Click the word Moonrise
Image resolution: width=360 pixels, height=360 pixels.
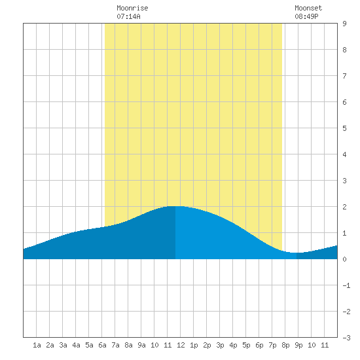click(132, 8)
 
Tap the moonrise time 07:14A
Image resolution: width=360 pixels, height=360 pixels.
click(128, 16)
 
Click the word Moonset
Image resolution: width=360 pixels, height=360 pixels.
click(308, 8)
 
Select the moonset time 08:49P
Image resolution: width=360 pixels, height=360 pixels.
click(306, 16)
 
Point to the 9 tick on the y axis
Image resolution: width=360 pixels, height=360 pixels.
click(344, 24)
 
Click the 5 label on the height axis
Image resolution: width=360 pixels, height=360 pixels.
click(344, 128)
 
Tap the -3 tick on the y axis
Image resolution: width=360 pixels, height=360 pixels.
click(346, 338)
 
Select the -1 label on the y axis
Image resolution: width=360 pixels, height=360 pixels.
click(346, 285)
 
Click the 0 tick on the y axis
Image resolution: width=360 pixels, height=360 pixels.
click(344, 259)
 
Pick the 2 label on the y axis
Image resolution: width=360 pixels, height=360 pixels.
click(344, 207)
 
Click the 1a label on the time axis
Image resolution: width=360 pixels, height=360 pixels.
click(37, 345)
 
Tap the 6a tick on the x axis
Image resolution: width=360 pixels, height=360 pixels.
click(102, 345)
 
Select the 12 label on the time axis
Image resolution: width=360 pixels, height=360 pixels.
click(181, 345)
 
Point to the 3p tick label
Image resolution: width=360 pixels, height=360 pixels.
click(220, 345)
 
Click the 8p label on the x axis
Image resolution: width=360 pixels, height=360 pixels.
click(285, 345)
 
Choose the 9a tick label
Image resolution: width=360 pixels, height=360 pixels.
click(141, 345)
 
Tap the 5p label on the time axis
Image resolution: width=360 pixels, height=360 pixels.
click(246, 345)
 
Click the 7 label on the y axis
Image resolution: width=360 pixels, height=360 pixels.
click(344, 76)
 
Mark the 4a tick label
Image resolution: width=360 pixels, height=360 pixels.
click(76, 345)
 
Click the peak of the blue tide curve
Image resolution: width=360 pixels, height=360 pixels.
click(175, 206)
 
